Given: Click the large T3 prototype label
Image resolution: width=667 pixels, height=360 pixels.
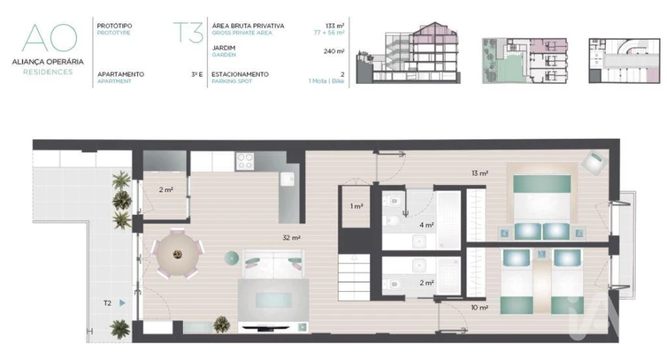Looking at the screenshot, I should tap(189, 33).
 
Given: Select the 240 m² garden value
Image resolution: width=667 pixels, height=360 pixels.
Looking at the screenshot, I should tap(334, 51).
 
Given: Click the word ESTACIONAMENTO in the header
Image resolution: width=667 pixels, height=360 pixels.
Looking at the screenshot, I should tap(240, 74).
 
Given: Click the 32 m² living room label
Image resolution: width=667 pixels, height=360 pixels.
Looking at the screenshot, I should tap(291, 238).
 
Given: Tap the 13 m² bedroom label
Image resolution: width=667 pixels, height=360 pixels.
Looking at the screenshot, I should tap(479, 173).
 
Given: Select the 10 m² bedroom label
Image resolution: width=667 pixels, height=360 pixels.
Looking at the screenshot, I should tap(479, 307).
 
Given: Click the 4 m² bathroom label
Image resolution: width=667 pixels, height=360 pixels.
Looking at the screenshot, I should tap(426, 225).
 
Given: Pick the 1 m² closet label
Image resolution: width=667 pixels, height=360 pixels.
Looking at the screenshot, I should tap(357, 206).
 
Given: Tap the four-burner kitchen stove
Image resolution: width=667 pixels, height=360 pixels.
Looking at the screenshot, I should tap(246, 162).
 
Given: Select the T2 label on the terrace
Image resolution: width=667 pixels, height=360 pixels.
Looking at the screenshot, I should tap(107, 303).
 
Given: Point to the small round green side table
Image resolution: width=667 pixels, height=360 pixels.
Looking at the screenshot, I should tap(231, 257).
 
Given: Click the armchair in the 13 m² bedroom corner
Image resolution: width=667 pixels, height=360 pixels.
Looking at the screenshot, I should tap(592, 162).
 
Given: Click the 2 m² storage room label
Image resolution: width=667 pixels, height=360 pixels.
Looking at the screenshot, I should tap(165, 189).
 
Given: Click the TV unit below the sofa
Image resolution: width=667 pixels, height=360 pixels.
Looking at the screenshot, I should tap(275, 328).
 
